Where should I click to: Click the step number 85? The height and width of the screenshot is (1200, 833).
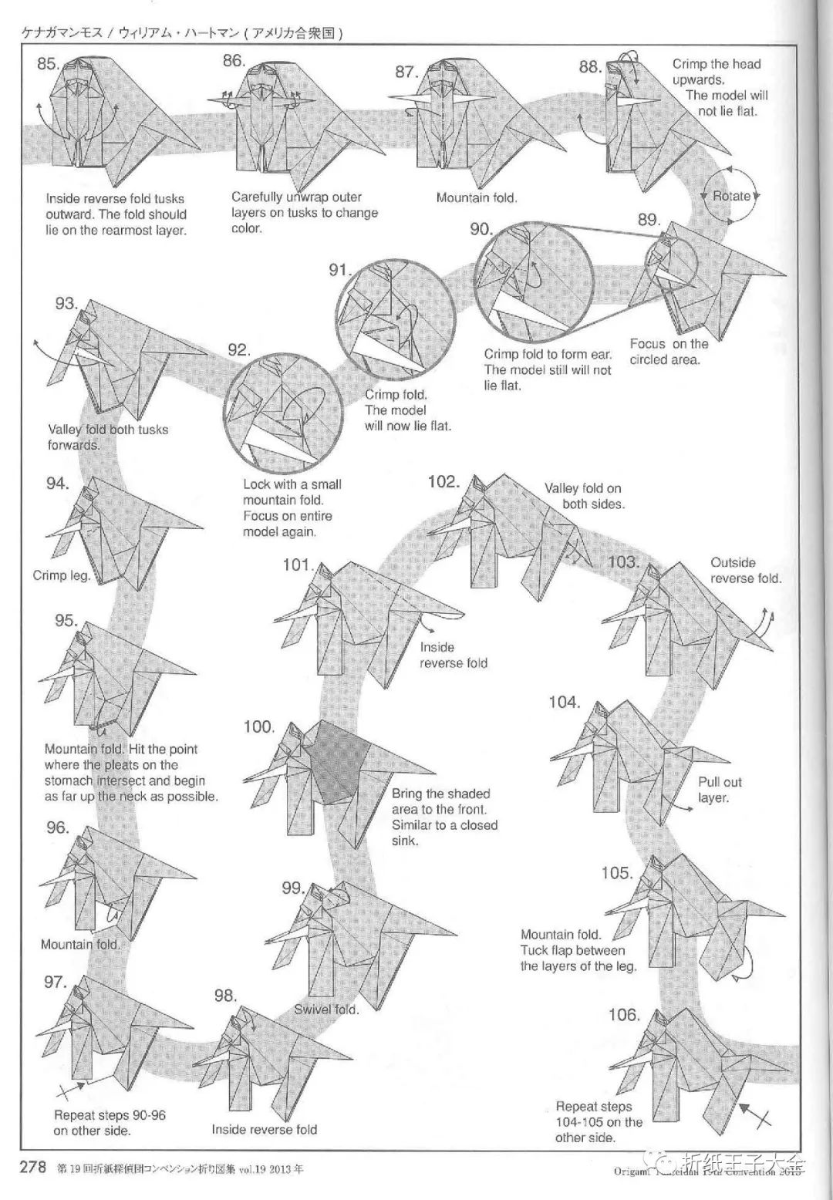coord(49,63)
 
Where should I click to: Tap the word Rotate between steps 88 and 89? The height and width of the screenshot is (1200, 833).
coord(731,196)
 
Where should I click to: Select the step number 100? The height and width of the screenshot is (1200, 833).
coord(258,726)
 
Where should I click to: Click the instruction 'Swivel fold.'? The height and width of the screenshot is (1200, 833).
coord(325,1009)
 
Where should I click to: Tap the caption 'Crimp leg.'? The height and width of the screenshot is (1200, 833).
coord(62,575)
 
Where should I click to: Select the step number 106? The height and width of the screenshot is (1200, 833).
coord(624,1015)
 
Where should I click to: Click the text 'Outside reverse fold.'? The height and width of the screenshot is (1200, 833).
coord(744,571)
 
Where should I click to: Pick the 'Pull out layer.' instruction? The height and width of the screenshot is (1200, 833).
coord(719,790)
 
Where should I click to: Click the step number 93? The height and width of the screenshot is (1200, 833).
coord(66,303)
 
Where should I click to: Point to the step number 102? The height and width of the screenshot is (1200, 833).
coord(443,481)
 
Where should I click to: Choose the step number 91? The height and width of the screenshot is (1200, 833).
coord(340,270)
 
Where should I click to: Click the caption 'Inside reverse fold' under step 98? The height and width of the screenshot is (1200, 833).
coord(264,1130)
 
